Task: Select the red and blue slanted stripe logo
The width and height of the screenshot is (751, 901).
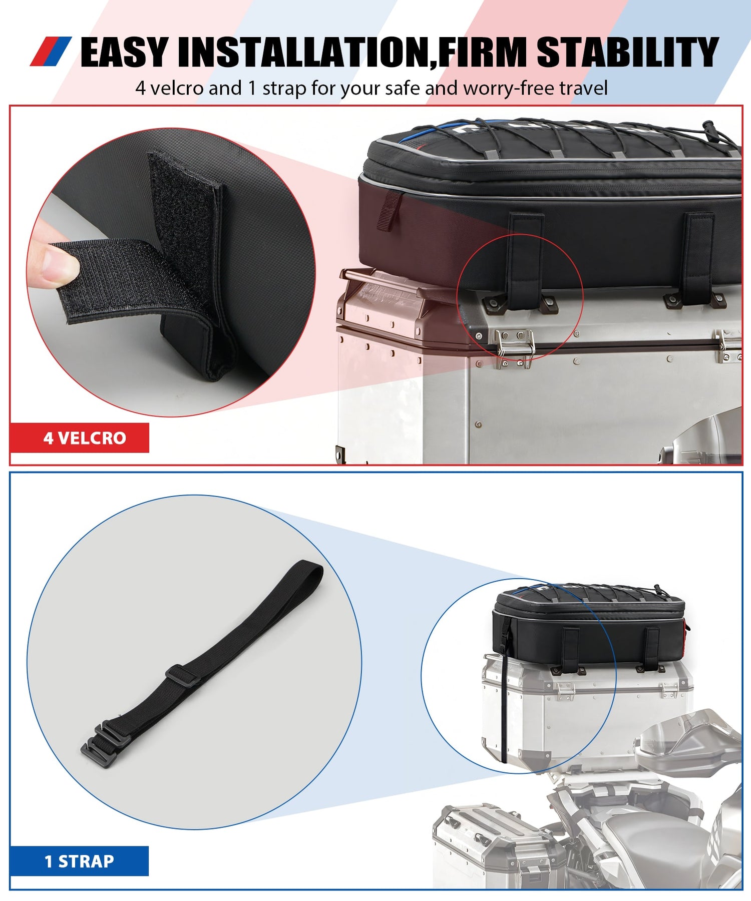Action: pyautogui.click(x=51, y=52)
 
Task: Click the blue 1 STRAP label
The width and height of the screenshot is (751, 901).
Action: pyautogui.click(x=79, y=861)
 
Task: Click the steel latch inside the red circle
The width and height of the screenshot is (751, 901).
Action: pyautogui.click(x=515, y=345)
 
